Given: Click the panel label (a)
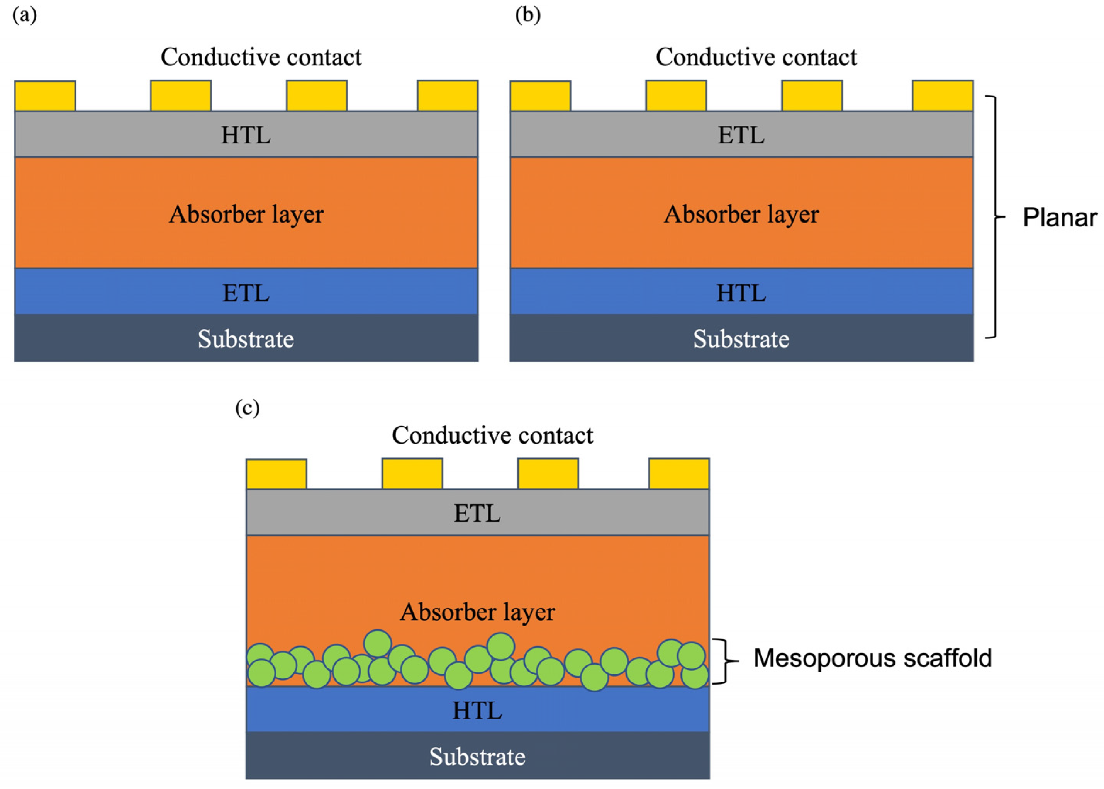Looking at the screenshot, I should coord(24,15).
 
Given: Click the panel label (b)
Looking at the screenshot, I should coord(528,15).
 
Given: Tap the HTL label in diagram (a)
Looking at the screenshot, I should coord(246,135).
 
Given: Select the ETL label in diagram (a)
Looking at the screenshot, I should coord(246,293).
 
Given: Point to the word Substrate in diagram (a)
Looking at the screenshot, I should coord(246,339).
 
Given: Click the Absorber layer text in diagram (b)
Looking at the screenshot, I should coord(741,214).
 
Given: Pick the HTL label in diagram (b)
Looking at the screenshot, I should coord(741,293).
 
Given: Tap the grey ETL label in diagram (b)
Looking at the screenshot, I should coord(741,135).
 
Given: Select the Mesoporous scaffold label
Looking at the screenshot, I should coord(872,658).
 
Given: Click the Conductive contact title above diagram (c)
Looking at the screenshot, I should coord(492,435).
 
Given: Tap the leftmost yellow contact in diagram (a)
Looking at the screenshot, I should coord(45,96).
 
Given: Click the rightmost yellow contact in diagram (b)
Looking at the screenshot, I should coord(942,96).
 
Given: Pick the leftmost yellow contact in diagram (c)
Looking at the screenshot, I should coord(276,474).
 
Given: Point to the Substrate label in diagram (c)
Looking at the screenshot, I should coord(477,757).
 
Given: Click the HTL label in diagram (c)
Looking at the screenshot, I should coord(477,711).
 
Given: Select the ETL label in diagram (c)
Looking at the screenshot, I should coord(477,514).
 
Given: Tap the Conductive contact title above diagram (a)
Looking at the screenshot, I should coord(261,57).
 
